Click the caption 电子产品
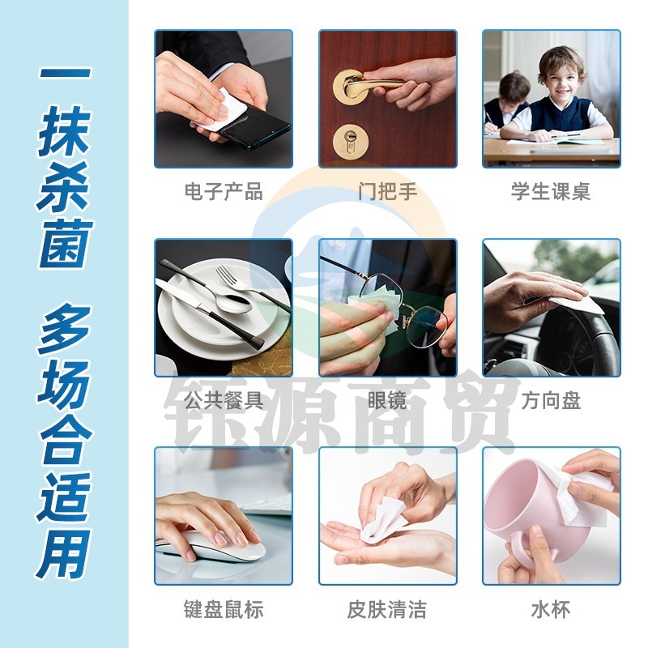coord(224,192)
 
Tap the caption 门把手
coord(388,192)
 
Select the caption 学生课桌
coord(551,192)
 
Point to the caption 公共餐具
coord(224,400)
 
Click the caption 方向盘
coord(551,400)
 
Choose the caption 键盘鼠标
coord(224,610)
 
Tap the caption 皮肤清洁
coord(387,610)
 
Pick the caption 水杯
coord(551,610)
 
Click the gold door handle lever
coord(372,83)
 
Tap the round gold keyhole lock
coord(351,141)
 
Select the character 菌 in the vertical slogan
coord(66,244)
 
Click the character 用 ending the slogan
coord(64,554)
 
